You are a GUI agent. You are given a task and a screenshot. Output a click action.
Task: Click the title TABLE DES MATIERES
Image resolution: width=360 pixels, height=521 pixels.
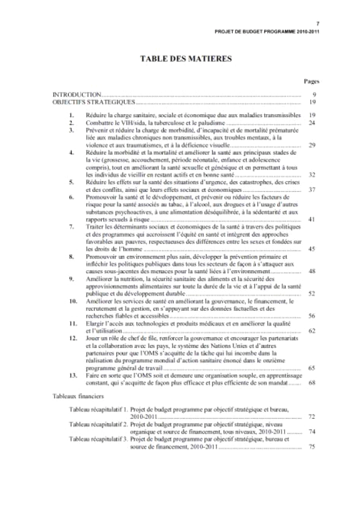[x=186, y=58]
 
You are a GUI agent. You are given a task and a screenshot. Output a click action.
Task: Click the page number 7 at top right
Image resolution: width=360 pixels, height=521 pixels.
[x=318, y=23]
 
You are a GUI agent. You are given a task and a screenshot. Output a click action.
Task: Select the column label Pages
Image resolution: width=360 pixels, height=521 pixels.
[x=312, y=81]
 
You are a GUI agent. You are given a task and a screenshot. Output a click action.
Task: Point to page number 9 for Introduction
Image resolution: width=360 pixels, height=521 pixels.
[x=314, y=94]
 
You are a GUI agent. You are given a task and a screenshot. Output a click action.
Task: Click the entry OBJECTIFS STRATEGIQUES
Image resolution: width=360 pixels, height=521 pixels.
[x=94, y=102]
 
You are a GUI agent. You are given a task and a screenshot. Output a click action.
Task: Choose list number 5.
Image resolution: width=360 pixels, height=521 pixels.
[x=72, y=183]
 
